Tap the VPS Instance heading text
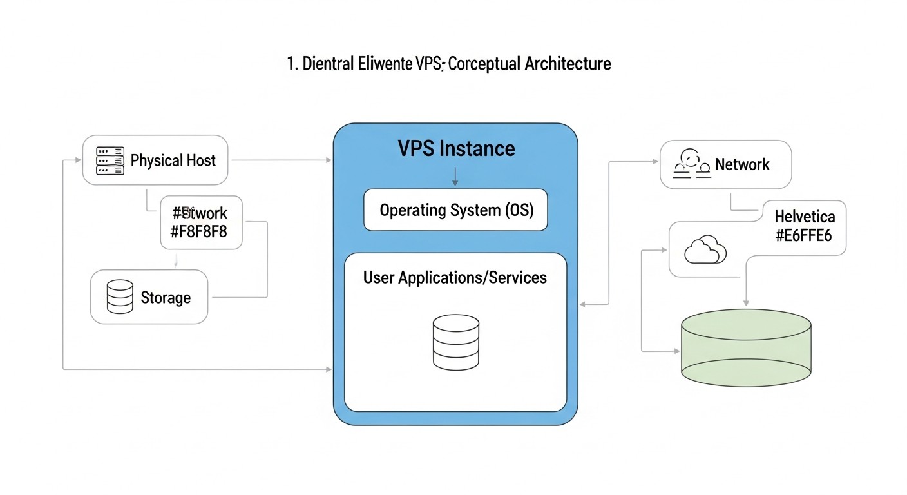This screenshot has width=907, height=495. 456,149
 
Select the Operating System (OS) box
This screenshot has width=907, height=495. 455,210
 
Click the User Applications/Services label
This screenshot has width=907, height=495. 455,278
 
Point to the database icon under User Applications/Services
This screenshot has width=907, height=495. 455,342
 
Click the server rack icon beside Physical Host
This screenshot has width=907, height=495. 110,160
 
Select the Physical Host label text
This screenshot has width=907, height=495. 173,160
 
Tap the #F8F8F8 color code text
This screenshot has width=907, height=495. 198,232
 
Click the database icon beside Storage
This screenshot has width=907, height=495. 120,297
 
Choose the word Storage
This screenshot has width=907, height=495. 166,298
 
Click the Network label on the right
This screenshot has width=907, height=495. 742,164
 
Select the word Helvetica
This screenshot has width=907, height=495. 804,217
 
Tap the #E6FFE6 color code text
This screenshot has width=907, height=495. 804,235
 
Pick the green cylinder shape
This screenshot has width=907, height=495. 746,348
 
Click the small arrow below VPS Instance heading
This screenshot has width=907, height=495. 455,177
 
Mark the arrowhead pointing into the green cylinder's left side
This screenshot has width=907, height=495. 676,351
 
